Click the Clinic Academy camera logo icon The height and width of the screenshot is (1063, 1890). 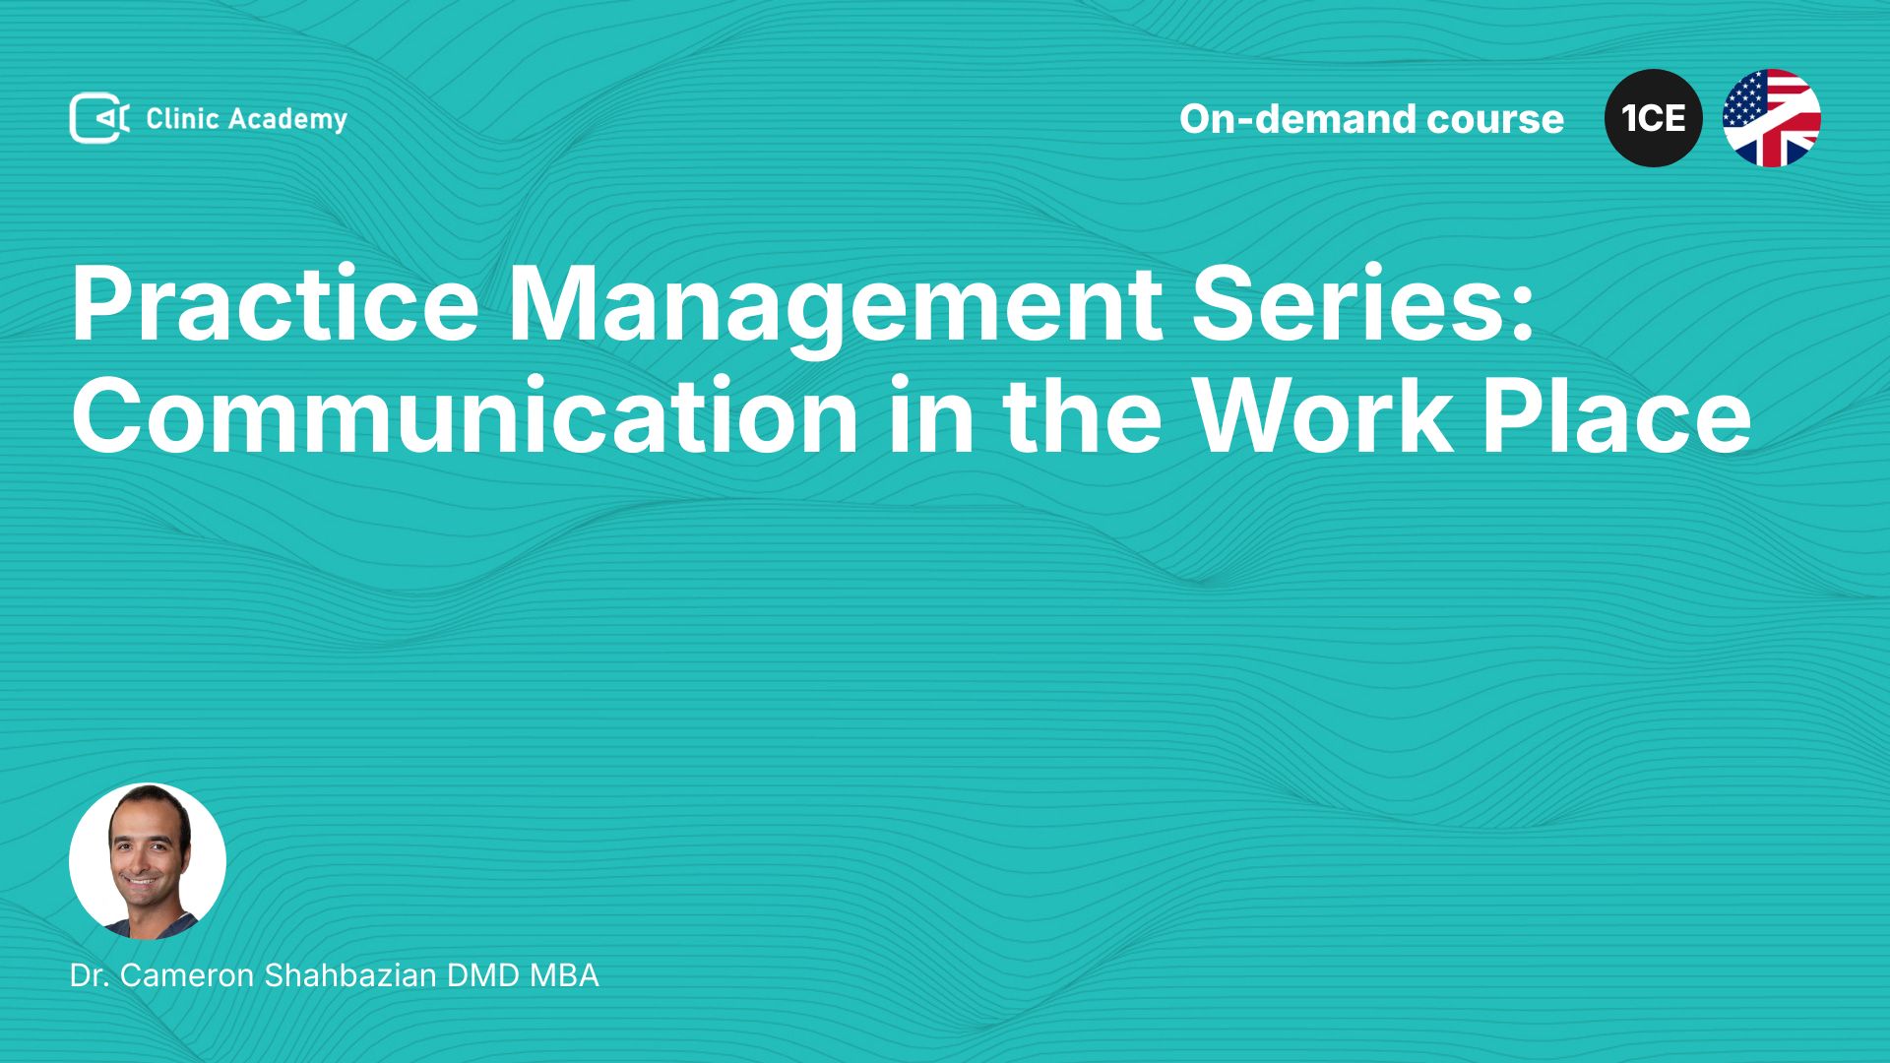(99, 118)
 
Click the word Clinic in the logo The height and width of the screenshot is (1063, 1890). (182, 118)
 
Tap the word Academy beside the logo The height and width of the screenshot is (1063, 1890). (288, 120)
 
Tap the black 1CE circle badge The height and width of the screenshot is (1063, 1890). (1654, 118)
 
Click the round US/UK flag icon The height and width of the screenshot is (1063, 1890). (1772, 118)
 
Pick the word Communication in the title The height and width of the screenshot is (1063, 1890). (465, 415)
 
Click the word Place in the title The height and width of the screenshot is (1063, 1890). (1617, 415)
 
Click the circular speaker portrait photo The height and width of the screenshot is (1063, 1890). (148, 861)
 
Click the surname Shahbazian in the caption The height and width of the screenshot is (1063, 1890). (350, 975)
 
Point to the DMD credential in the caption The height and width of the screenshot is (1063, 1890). (483, 975)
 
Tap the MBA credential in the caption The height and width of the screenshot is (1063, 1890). (564, 975)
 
